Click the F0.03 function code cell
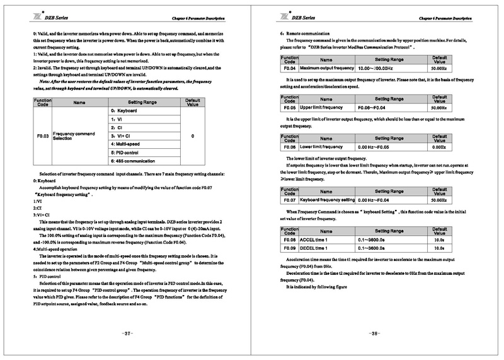pyautogui.click(x=42, y=136)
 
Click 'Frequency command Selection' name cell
pyautogui.click(x=74, y=136)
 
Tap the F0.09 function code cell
pyautogui.click(x=289, y=248)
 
